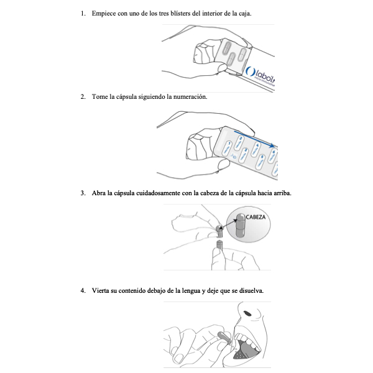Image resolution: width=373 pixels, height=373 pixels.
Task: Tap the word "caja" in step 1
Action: [243, 14]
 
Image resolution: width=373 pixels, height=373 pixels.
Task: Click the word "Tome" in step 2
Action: [99, 97]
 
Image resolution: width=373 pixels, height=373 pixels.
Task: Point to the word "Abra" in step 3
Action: [99, 193]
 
